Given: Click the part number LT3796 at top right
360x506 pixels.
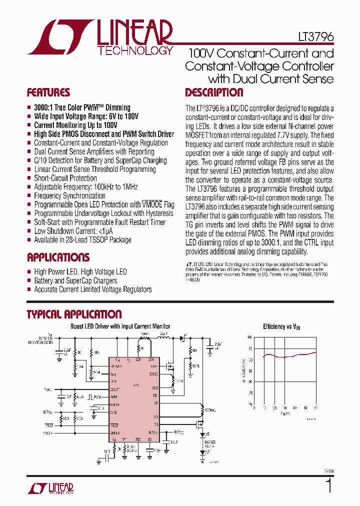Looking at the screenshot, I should point(313,37).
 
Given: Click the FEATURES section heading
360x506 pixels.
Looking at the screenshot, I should point(48,92).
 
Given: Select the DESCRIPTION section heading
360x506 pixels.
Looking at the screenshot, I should point(214,92).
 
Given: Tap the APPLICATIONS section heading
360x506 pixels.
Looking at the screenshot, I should point(58,257).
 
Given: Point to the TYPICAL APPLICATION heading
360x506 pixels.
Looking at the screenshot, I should point(74,314).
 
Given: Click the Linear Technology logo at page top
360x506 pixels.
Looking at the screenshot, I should point(100,37).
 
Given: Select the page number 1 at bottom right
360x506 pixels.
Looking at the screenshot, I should point(328,486).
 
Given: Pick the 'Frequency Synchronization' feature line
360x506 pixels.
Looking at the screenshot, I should point(69,195).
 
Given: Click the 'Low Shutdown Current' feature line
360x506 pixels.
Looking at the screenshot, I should point(72,231).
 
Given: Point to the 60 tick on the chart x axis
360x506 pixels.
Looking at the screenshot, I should point(316,408).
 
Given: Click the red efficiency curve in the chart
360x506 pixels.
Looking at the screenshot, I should point(285,356).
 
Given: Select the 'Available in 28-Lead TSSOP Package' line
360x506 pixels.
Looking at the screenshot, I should point(82,240).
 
